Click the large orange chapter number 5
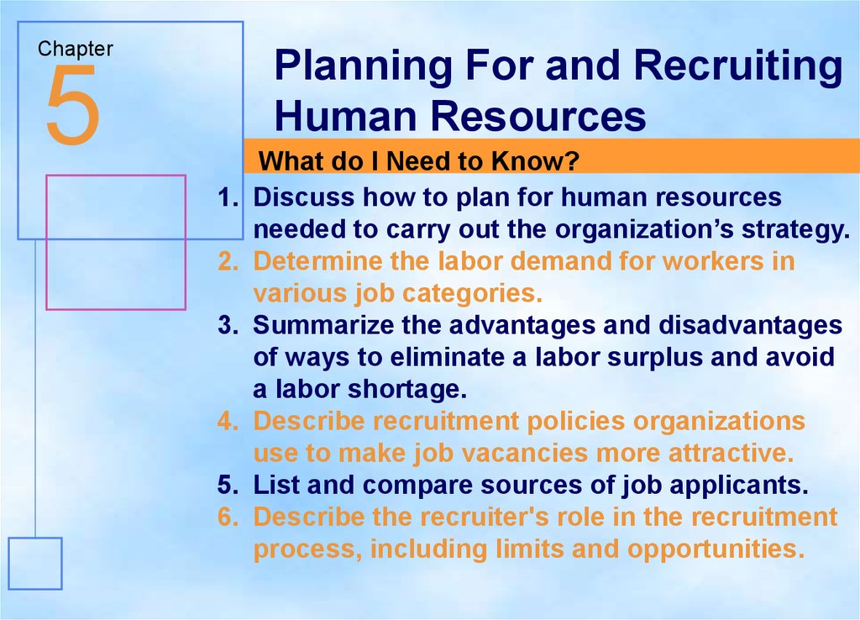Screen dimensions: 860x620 73,105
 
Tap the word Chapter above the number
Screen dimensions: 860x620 76,49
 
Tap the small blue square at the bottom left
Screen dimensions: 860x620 35,564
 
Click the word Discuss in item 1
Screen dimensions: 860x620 304,197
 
